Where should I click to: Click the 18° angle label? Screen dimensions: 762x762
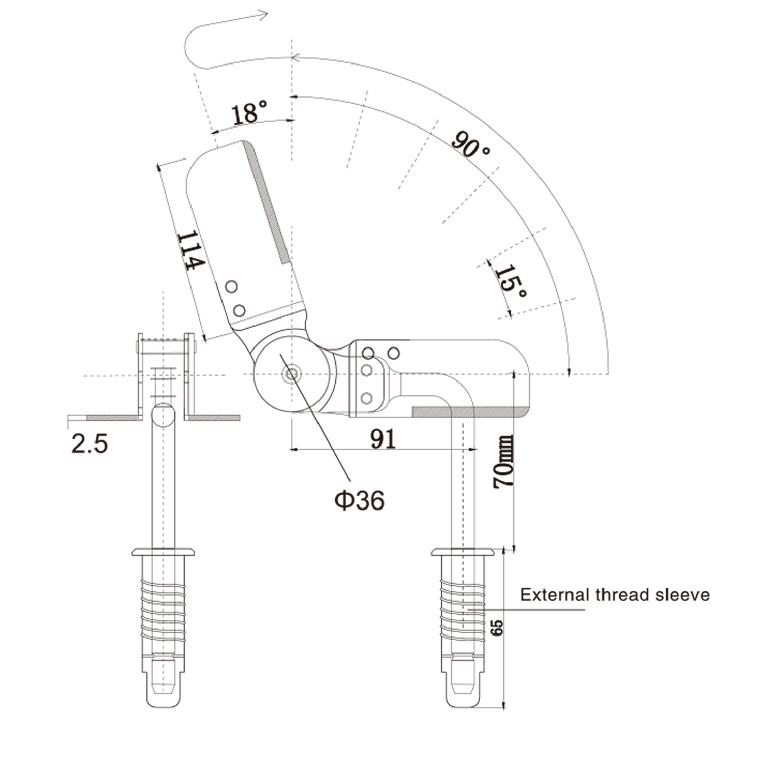point(249,112)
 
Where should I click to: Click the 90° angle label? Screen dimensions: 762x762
point(471,144)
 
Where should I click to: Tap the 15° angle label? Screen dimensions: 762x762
point(511,282)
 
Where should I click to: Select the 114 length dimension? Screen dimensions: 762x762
point(190,250)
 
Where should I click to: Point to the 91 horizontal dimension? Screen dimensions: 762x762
point(383,439)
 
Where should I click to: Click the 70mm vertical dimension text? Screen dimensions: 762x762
point(503,462)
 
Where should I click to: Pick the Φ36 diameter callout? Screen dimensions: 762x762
point(359,500)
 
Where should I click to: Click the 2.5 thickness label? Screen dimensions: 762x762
point(89,443)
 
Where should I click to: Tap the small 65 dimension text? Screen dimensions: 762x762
point(497,627)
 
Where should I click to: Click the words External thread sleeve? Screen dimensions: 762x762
point(615,594)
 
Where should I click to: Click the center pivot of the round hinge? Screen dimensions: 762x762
point(291,375)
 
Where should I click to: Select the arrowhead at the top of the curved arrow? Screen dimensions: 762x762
point(263,15)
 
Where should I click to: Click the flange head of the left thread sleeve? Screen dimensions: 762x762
point(163,552)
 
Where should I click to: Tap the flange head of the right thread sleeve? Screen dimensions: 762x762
point(463,552)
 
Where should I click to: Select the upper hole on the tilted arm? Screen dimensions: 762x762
point(231,287)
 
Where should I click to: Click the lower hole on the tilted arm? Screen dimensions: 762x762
point(239,310)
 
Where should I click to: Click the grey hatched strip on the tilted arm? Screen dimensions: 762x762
point(268,203)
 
